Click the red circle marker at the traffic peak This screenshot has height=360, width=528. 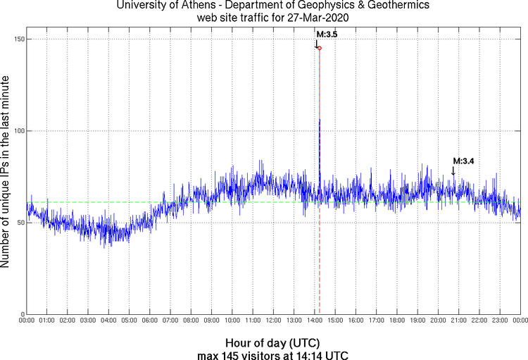tap(319, 48)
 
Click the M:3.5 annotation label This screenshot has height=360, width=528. tap(327, 34)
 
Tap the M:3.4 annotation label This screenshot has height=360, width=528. tap(463, 161)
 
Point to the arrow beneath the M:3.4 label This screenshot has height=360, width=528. tap(453, 171)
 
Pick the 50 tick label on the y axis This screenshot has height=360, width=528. tap(18, 223)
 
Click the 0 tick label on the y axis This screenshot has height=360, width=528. tap(21, 314)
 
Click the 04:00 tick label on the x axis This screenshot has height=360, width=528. tap(108, 321)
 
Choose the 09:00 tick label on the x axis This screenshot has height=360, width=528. tap(211, 321)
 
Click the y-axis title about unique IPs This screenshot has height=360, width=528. tap(6, 173)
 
